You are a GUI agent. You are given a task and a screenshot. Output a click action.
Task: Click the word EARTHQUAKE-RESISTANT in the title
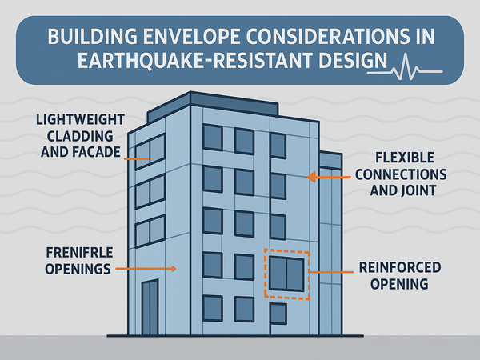[195, 60]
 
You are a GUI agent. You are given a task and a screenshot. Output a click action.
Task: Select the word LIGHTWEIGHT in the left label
[80, 119]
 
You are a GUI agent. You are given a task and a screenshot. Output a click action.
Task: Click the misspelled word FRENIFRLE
[79, 253]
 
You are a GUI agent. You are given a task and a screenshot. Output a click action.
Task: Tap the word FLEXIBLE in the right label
[405, 158]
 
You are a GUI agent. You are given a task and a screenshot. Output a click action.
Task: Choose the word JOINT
[418, 190]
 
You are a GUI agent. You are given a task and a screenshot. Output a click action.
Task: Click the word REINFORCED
[400, 267]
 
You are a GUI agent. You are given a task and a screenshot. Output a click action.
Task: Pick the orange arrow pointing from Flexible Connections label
[329, 177]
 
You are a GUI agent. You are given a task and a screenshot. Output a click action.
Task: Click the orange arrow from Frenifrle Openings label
[146, 269]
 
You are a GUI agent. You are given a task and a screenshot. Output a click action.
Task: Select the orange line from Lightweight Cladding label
[137, 159]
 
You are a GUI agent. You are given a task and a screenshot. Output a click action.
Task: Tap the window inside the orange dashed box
[286, 274]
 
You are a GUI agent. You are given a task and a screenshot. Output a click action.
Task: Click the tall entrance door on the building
[150, 307]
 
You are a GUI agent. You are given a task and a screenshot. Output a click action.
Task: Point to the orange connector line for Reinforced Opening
[330, 272]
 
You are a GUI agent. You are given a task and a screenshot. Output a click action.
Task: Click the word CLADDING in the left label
[80, 136]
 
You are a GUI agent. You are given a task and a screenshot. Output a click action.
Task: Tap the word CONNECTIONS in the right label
[401, 174]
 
